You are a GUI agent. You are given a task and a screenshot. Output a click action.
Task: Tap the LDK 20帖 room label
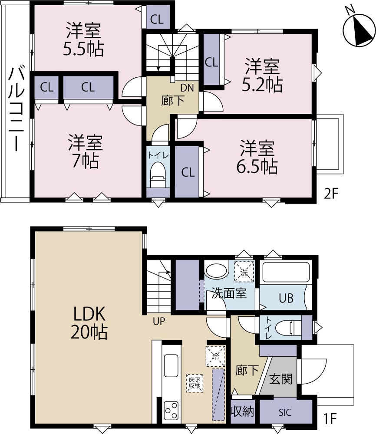[89, 323]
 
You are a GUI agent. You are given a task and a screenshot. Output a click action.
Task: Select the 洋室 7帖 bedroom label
[86, 151]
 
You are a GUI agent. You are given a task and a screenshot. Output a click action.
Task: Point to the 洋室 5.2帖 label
[262, 75]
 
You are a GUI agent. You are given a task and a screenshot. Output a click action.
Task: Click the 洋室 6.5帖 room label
[257, 157]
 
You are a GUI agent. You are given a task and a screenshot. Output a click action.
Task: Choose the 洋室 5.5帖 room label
[83, 39]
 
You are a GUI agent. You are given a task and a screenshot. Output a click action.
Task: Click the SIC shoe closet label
[285, 413]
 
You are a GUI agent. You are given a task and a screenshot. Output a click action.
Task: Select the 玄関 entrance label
[281, 378]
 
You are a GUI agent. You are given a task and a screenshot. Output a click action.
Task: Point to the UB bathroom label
[286, 299]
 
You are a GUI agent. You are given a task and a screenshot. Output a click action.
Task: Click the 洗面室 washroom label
[229, 293]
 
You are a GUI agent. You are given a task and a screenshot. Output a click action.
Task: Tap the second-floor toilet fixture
[158, 174]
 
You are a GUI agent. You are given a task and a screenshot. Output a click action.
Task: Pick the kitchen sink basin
[171, 365]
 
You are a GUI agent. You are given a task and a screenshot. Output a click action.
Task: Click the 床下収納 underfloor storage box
[195, 383]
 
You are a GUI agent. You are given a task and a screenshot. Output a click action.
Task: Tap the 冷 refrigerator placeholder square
[215, 356]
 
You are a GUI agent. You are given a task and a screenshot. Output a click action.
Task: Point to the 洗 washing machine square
[244, 272]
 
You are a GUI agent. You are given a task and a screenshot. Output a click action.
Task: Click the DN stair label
[187, 88]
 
